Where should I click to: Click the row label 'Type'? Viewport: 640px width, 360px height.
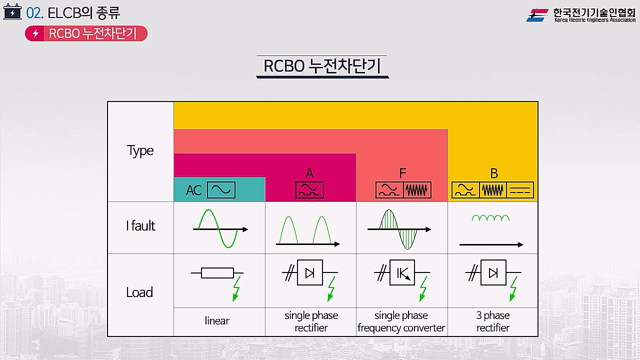click(x=140, y=151)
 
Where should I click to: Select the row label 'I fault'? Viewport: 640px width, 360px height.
click(x=140, y=226)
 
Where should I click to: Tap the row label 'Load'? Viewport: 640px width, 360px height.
click(x=139, y=292)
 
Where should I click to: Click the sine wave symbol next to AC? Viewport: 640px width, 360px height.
click(x=221, y=190)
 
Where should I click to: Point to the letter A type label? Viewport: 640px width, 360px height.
click(x=309, y=173)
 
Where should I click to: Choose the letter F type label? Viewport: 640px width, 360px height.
click(x=402, y=173)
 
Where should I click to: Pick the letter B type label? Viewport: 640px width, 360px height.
click(x=494, y=173)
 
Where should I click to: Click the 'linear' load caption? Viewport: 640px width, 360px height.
click(x=217, y=321)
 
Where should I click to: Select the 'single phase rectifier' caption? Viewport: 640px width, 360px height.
click(x=311, y=321)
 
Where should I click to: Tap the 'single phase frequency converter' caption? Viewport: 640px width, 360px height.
click(x=401, y=321)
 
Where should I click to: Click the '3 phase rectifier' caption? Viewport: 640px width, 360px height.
click(x=493, y=321)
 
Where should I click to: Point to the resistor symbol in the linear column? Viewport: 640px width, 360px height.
click(x=217, y=273)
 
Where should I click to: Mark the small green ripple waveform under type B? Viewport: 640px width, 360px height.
click(x=490, y=218)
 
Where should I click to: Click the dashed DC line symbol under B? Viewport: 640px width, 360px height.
click(x=520, y=190)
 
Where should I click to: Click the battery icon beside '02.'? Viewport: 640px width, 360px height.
click(x=12, y=12)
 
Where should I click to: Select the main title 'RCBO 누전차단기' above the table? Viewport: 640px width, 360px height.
click(x=322, y=66)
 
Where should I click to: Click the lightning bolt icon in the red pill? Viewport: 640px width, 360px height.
click(x=35, y=33)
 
